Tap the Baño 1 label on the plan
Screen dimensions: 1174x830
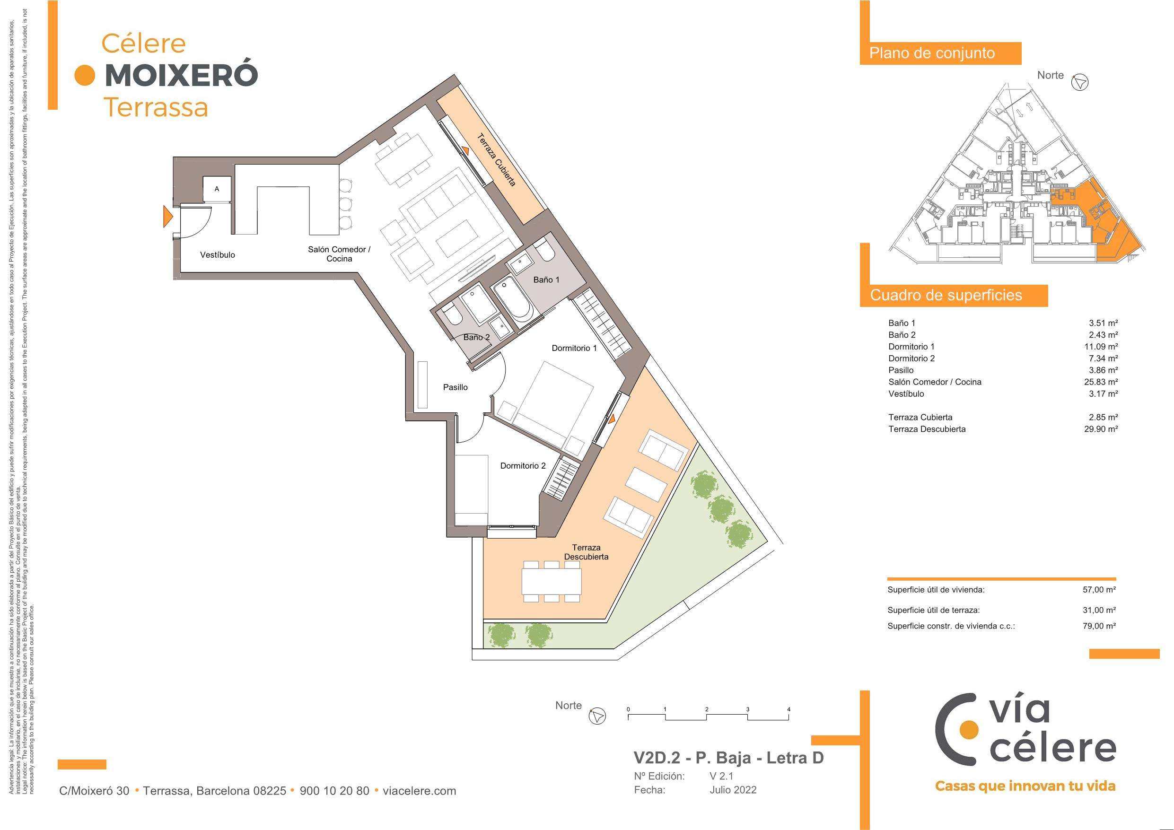(546, 280)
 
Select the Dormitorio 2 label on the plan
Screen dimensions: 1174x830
(523, 466)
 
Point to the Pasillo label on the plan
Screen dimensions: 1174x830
(455, 388)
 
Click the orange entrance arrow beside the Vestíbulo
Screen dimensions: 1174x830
(167, 216)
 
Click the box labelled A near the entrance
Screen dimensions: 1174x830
(217, 189)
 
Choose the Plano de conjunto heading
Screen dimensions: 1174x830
(932, 53)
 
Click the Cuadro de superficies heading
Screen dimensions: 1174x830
(946, 295)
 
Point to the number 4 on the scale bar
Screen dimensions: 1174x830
(789, 709)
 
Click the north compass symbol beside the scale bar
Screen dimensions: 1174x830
(597, 716)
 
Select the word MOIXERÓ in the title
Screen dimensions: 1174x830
(181, 76)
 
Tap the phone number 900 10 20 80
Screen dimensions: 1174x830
(334, 791)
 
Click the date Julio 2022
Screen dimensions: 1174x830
(733, 790)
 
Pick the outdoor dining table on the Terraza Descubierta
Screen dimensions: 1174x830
(552, 581)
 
